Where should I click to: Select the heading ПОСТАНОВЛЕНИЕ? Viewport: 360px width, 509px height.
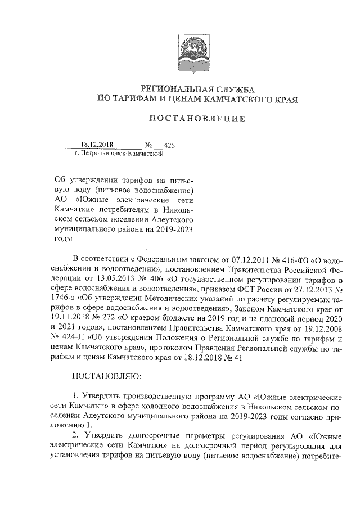coord(197,119)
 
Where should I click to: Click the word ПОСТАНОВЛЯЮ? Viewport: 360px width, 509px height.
coord(108,375)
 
